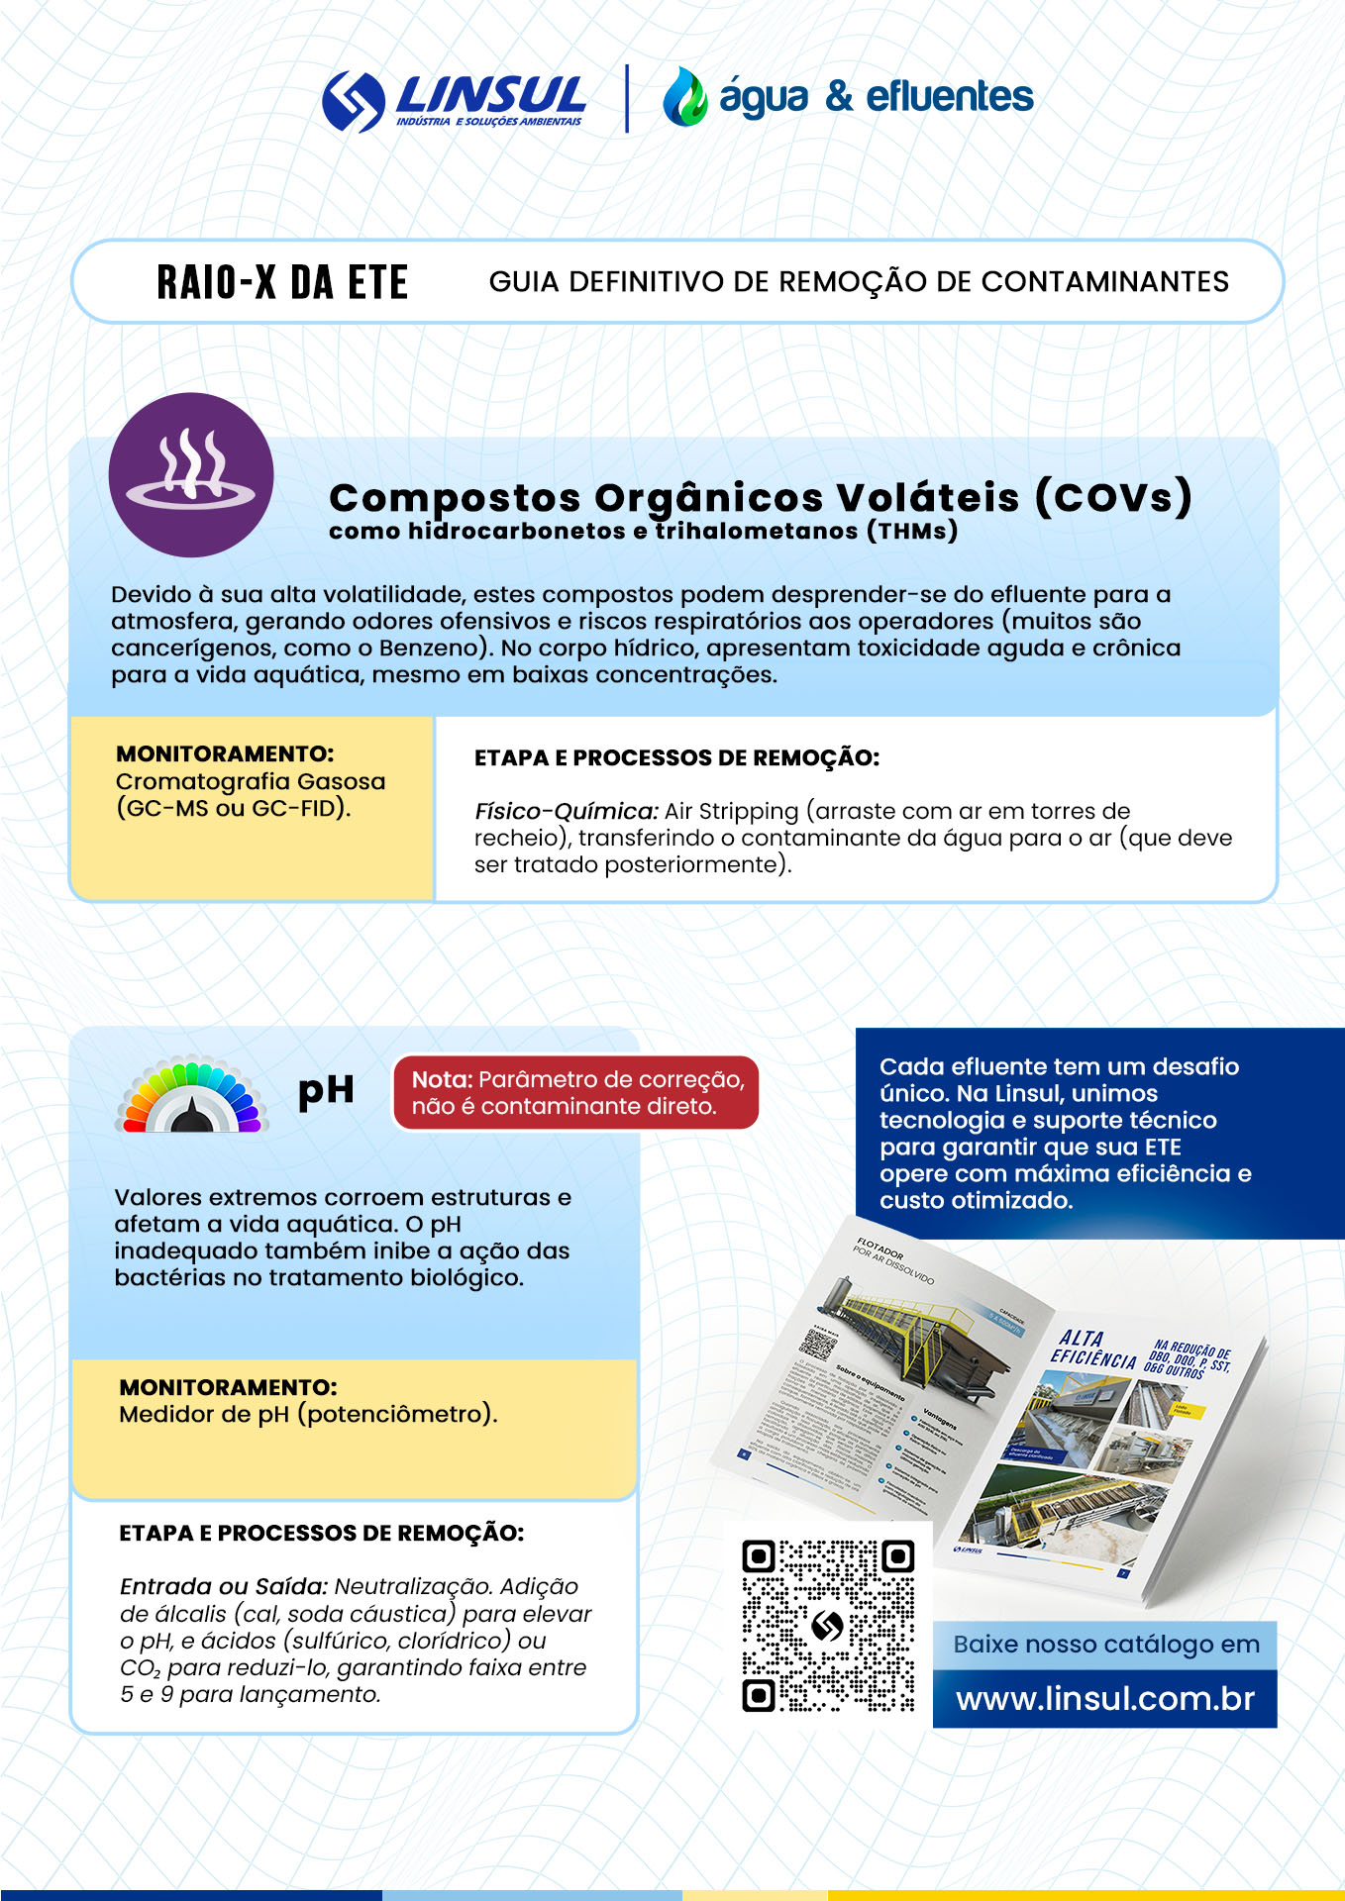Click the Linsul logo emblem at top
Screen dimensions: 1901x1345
coord(354,101)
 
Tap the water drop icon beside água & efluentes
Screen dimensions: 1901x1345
coord(684,97)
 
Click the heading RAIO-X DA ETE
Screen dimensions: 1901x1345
coord(282,282)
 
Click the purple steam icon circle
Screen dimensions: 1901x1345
coord(191,474)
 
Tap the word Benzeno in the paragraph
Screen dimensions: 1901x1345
coord(435,648)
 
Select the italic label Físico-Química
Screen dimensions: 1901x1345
coord(566,811)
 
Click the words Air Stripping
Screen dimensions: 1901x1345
coord(731,811)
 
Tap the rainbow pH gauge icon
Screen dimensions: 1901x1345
coord(191,1096)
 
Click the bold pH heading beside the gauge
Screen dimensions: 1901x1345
coord(326,1090)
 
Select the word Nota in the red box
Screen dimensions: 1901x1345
coord(441,1079)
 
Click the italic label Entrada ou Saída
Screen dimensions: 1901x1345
coord(223,1586)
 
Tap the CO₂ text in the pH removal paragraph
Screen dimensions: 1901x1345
coord(140,1668)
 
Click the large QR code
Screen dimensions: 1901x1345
coord(828,1625)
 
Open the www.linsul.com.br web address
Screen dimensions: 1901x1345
coord(1105,1699)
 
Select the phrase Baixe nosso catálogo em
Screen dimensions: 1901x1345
coord(1105,1645)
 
